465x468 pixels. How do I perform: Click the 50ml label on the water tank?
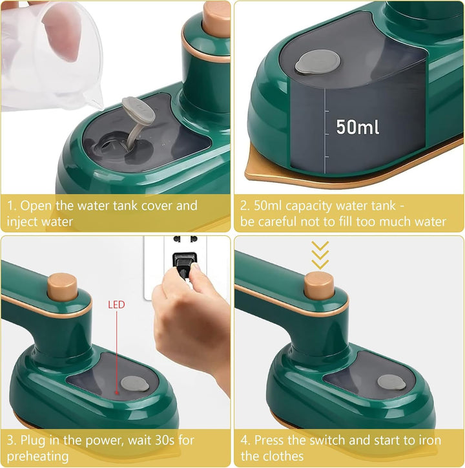pyautogui.click(x=357, y=127)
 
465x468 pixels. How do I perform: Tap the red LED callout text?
pyautogui.click(x=116, y=304)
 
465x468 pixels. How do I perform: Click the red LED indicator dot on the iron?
pyautogui.click(x=117, y=393)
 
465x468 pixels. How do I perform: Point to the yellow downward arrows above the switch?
pyautogui.click(x=320, y=255)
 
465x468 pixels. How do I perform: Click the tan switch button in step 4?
pyautogui.click(x=319, y=286)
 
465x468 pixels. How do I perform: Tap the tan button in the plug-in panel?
pyautogui.click(x=63, y=287)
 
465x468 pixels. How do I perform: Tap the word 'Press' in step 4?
pyautogui.click(x=271, y=440)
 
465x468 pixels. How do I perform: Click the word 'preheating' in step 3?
pyautogui.click(x=37, y=456)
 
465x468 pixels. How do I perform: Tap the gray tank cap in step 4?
pyautogui.click(x=391, y=382)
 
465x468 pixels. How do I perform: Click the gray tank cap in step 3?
pyautogui.click(x=135, y=384)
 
